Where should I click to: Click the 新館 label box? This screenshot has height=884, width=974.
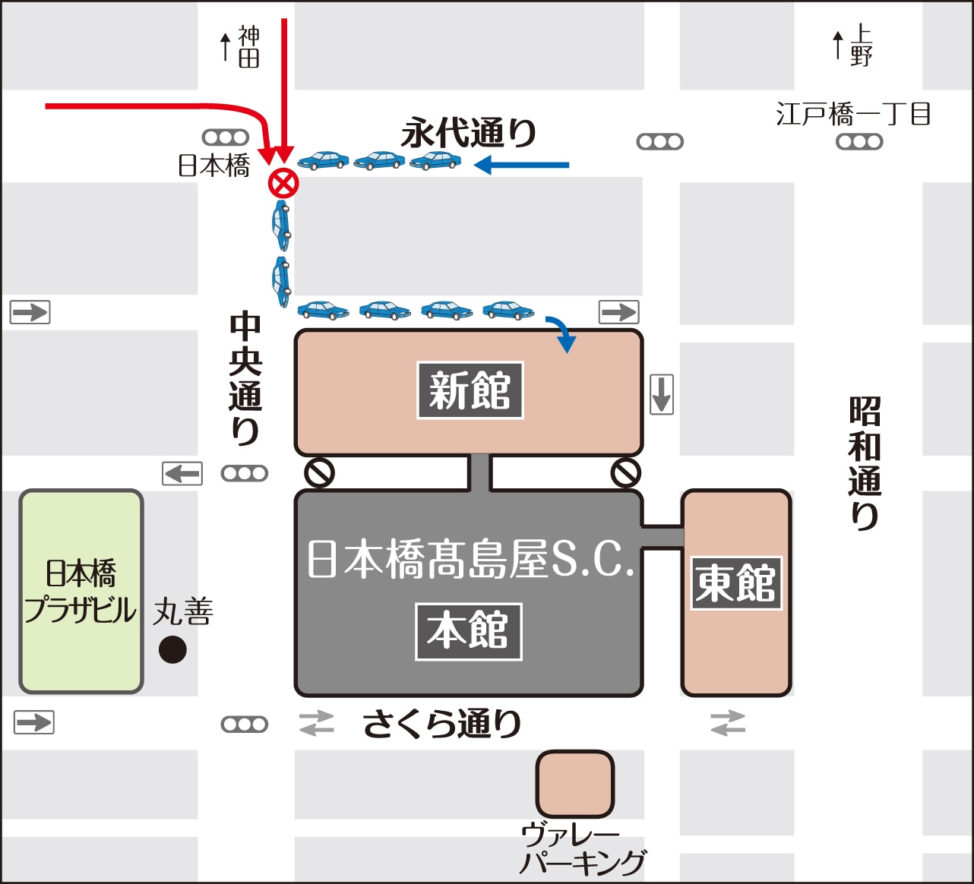point(470,390)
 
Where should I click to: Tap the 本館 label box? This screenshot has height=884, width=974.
point(468,631)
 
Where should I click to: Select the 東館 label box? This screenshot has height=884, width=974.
point(735,583)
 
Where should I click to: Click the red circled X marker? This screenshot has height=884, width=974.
point(283,183)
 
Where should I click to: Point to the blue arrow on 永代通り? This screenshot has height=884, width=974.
point(522,164)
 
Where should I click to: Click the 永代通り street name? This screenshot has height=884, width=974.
point(469,133)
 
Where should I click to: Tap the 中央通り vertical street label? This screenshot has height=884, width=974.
point(245,377)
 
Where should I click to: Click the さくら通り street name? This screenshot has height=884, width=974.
point(441,723)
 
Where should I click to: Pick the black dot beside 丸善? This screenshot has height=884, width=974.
point(172,649)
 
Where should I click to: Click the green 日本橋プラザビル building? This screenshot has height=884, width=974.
point(81,592)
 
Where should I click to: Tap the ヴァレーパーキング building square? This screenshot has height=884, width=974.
point(575,784)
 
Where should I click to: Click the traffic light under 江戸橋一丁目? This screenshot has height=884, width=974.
point(859,141)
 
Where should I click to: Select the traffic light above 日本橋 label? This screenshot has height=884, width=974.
point(226,137)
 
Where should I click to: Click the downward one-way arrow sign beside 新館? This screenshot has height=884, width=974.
point(662,394)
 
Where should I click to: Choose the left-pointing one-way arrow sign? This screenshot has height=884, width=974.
point(182,473)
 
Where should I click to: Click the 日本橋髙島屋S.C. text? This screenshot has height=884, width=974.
point(470,559)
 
